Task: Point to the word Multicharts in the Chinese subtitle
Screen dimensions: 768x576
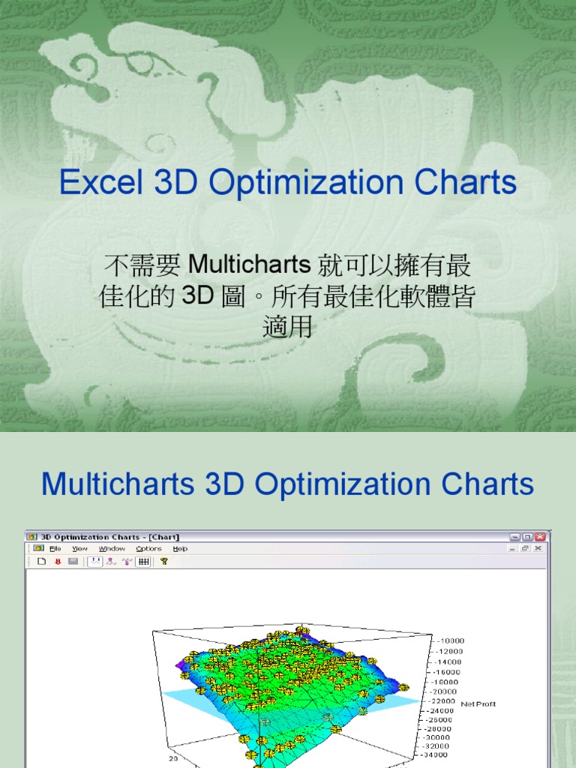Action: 250,264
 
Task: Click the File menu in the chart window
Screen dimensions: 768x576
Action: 55,549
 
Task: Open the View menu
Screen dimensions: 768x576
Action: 79,549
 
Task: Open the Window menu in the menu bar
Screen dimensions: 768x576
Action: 112,549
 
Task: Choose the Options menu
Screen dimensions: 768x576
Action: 148,549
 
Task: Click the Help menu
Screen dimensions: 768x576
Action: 180,549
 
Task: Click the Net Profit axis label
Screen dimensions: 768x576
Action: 478,703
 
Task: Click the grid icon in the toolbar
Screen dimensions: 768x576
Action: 143,560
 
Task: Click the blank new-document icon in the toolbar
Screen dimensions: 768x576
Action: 42,560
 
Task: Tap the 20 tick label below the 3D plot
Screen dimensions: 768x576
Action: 172,758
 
